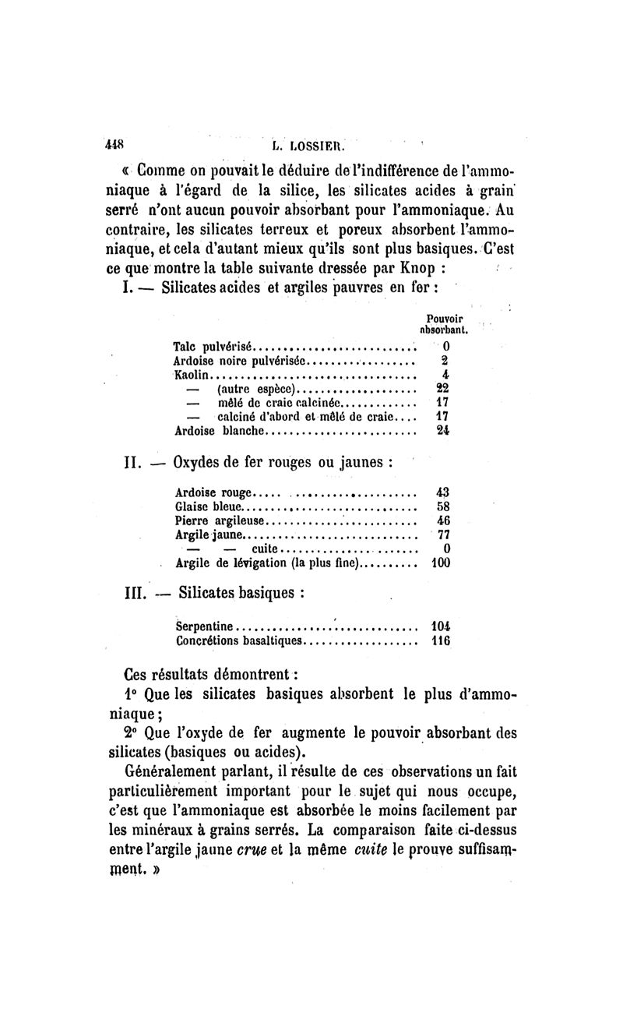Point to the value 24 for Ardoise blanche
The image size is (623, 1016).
tap(443, 430)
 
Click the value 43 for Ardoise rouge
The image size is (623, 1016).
tap(443, 492)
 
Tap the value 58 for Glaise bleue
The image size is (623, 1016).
tap(443, 506)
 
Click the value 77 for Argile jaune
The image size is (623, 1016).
tap(443, 534)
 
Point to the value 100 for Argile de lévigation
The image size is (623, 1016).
tap(440, 563)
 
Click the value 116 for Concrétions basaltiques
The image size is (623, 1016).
tap(441, 640)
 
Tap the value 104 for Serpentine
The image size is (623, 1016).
tap(441, 625)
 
